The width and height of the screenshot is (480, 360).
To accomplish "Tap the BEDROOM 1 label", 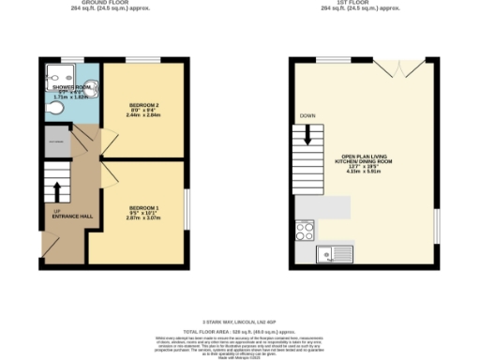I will [x=143, y=206].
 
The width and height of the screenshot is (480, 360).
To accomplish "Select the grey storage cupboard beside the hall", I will [x=55, y=143].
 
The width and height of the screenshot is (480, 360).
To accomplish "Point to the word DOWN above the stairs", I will [x=307, y=116].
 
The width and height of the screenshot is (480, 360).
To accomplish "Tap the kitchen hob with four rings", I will [x=306, y=228].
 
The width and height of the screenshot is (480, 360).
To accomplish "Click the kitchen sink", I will [x=334, y=252].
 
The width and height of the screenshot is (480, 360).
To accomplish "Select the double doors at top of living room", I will [x=391, y=70].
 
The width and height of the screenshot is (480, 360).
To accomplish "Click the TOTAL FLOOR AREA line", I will [x=239, y=332].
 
